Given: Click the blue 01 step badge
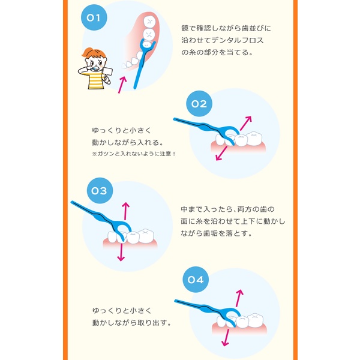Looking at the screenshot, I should click(93, 18).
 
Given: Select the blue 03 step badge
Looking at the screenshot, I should click(99, 191).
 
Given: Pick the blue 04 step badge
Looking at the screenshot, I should click(196, 280).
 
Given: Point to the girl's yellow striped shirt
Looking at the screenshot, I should click(96, 80).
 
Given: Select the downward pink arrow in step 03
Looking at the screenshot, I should click(121, 251).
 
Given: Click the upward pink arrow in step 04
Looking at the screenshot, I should click(239, 297).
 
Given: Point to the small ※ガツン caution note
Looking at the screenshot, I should click(132, 154).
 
